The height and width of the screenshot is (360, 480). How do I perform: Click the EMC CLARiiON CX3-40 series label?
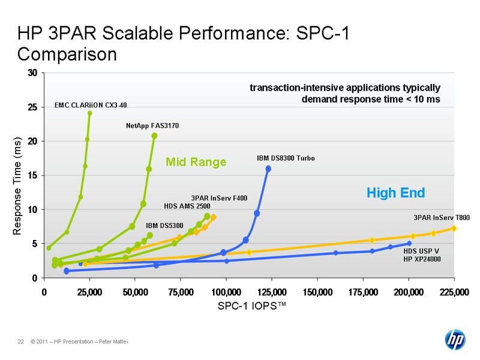pyautogui.click(x=91, y=105)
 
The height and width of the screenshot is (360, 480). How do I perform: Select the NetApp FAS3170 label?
pyautogui.click(x=152, y=126)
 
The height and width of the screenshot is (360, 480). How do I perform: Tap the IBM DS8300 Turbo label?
pyautogui.click(x=286, y=158)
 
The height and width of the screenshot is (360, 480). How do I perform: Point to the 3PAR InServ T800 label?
pyautogui.click(x=442, y=217)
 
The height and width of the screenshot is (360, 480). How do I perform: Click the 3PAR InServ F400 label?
pyautogui.click(x=219, y=197)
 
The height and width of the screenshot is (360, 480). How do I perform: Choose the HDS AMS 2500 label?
pyautogui.click(x=186, y=206)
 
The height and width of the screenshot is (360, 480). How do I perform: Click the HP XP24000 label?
pyautogui.click(x=422, y=259)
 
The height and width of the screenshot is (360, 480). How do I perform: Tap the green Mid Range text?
pyautogui.click(x=196, y=162)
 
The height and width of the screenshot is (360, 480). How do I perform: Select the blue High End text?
pyautogui.click(x=395, y=193)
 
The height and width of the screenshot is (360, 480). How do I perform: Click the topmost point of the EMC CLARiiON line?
pyautogui.click(x=89, y=113)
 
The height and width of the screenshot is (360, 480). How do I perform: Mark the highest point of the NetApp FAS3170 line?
pyautogui.click(x=154, y=136)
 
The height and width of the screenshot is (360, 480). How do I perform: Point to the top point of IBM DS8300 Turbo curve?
pyautogui.click(x=268, y=169)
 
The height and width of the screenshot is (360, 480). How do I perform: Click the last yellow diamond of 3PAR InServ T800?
pyautogui.click(x=454, y=228)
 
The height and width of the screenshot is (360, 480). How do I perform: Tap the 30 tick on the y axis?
pyautogui.click(x=34, y=73)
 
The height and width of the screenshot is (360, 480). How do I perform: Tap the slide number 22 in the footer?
pyautogui.click(x=20, y=342)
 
